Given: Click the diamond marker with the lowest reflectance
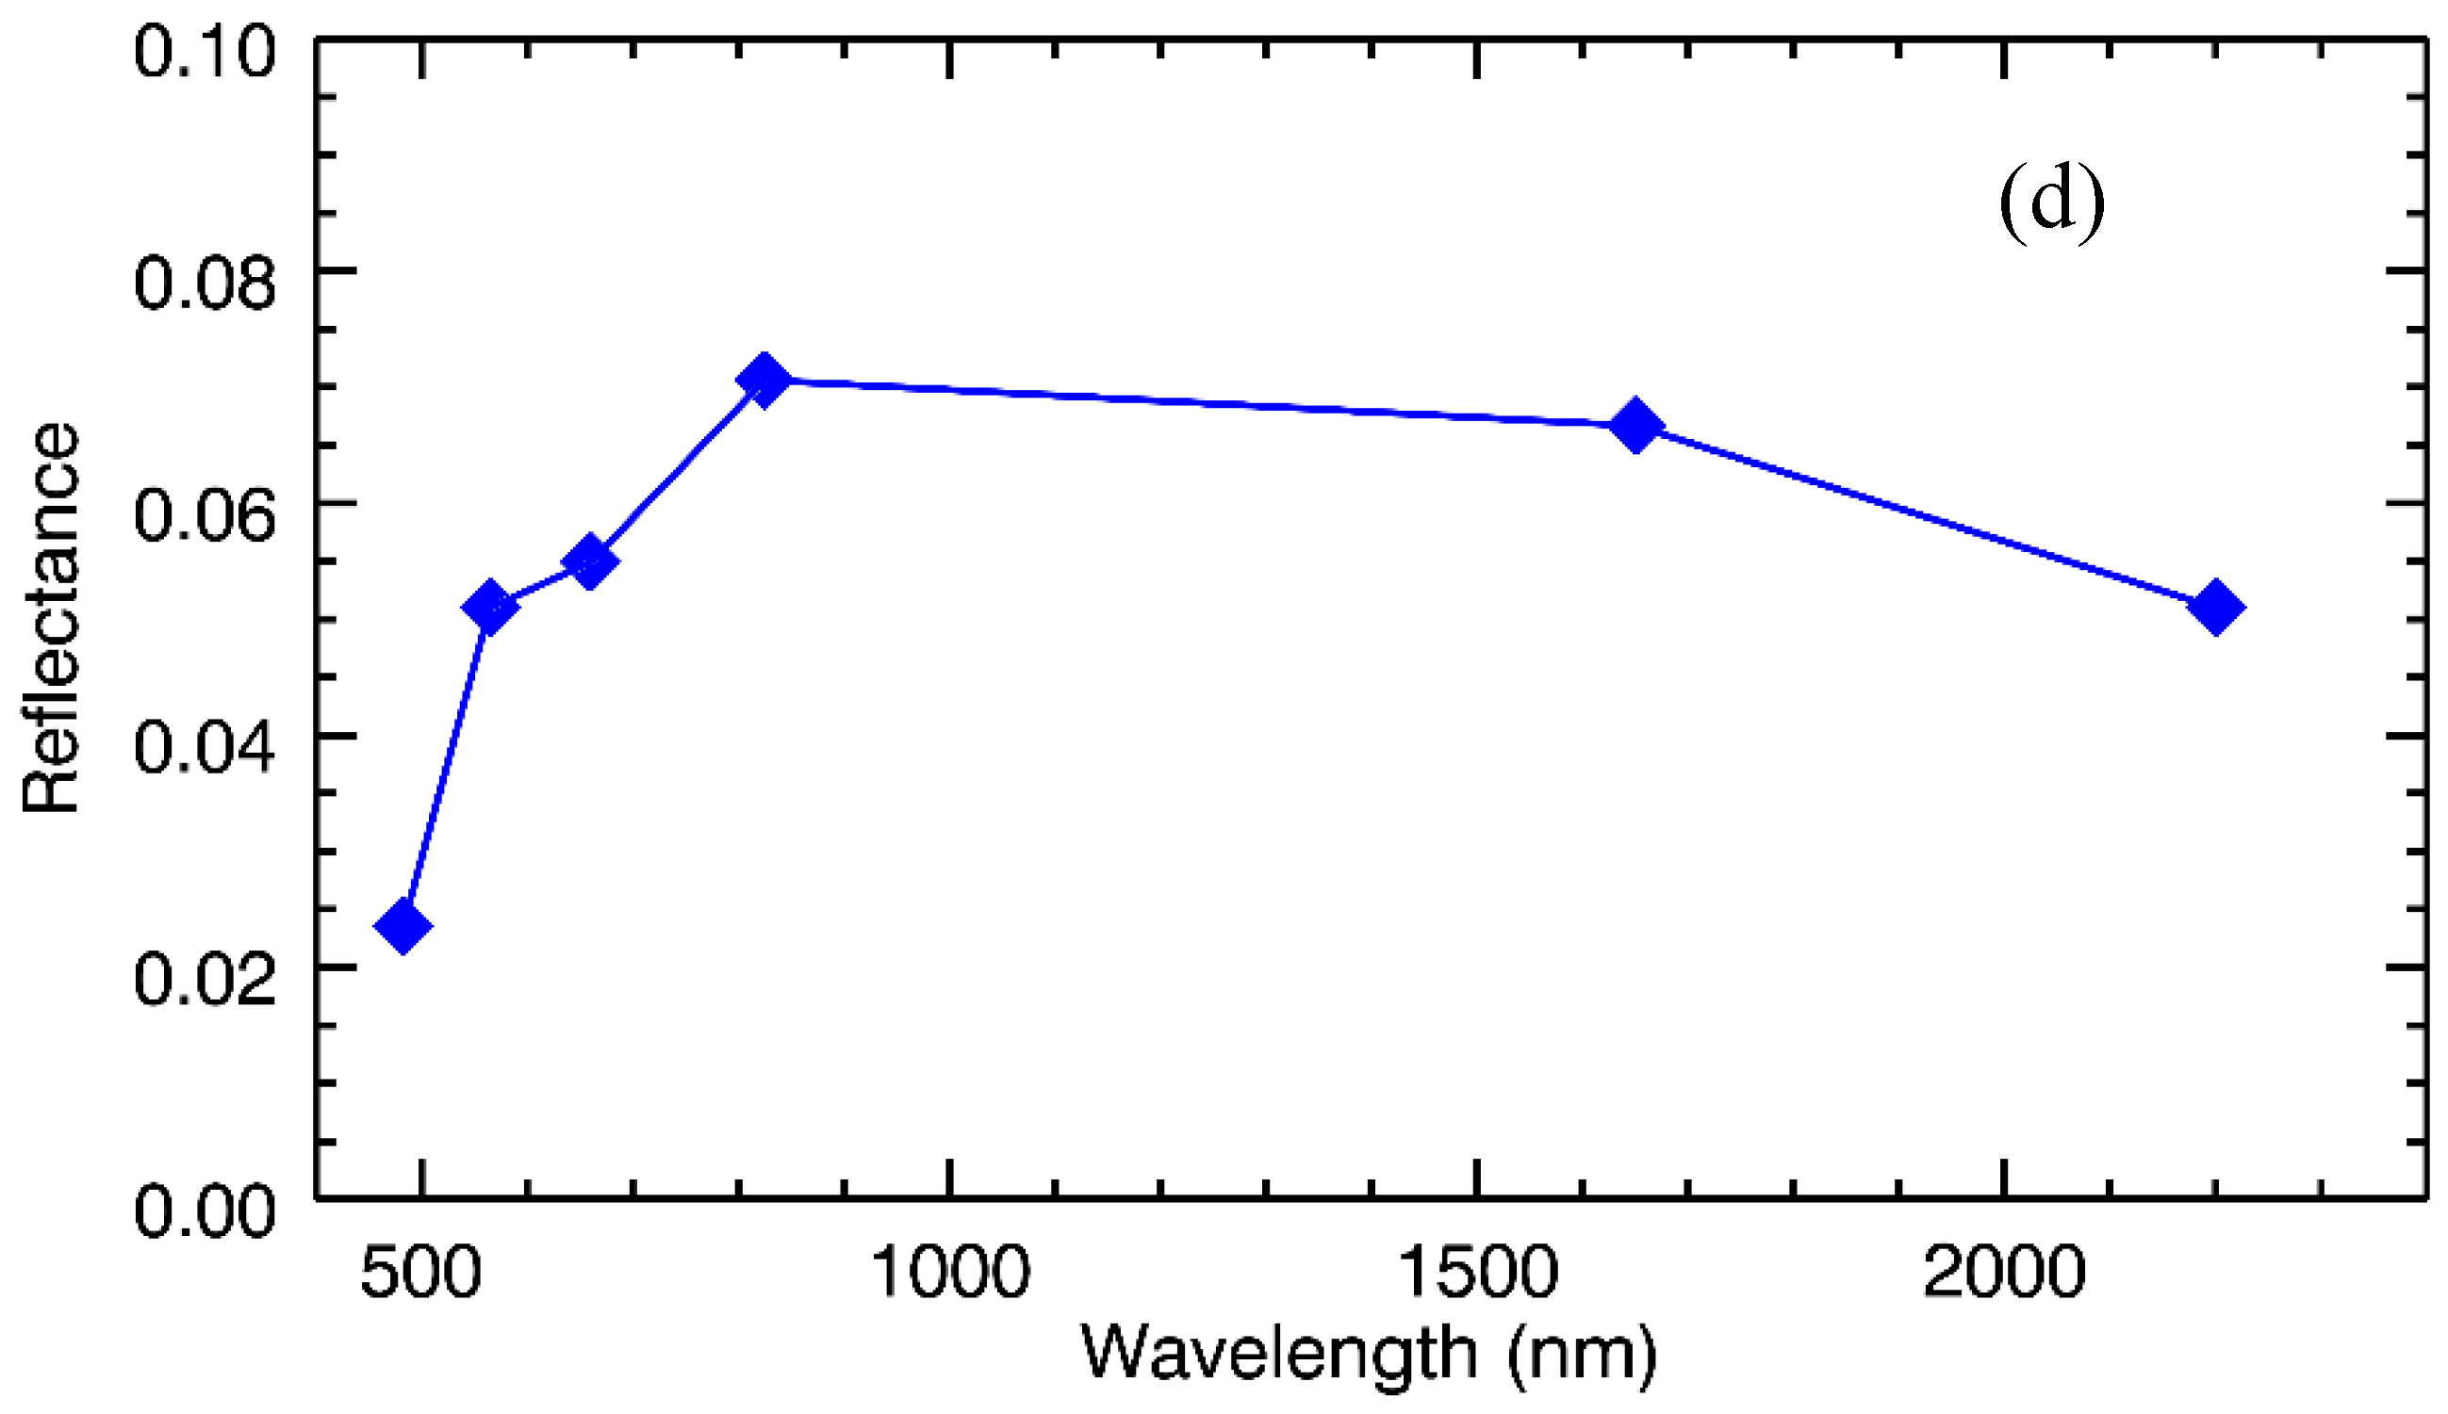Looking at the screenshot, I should (x=403, y=924).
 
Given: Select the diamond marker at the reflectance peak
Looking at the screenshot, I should (x=764, y=380).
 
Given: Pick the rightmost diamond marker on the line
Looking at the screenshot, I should (x=2216, y=607).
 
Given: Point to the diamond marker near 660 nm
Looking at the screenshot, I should (x=590, y=561).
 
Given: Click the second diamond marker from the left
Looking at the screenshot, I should (x=489, y=607).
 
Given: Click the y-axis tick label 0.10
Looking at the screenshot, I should (x=204, y=51).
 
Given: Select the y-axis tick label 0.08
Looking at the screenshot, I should (x=204, y=283).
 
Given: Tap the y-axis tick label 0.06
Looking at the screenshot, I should (x=204, y=514).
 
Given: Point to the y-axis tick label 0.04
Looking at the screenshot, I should (x=204, y=747).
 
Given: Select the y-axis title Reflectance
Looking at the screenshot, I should (x=51, y=618).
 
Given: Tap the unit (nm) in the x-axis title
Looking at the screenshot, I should (x=1583, y=1355).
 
